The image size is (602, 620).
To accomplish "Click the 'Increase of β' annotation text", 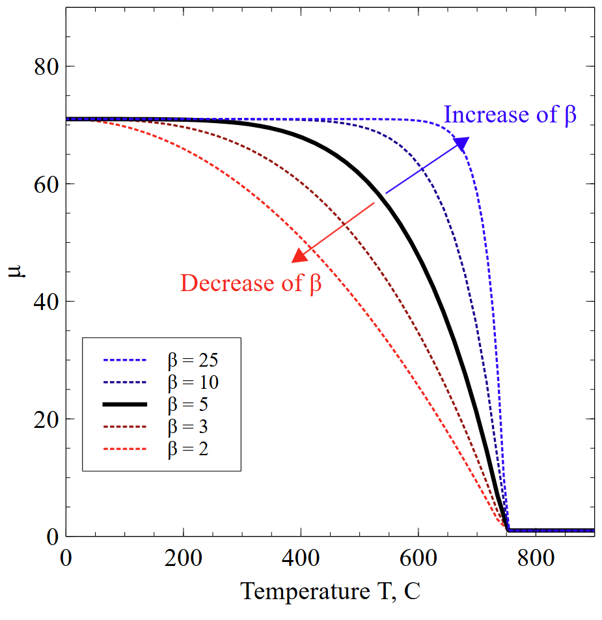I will [x=510, y=115].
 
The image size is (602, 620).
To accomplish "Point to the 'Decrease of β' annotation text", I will [x=251, y=284].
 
